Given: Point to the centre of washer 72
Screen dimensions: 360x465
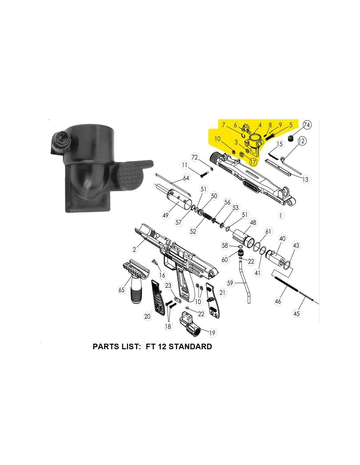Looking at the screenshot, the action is pyautogui.click(x=212, y=169).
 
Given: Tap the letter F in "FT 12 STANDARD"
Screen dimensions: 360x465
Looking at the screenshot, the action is pyautogui.click(x=148, y=346).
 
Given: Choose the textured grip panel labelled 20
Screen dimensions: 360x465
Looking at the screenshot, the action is pyautogui.click(x=158, y=297).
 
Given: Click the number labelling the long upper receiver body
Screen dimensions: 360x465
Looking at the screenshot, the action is pyautogui.click(x=281, y=216).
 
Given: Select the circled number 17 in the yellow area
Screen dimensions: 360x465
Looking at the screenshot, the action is pyautogui.click(x=253, y=162).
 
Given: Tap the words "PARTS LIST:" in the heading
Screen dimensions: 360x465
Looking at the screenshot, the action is pyautogui.click(x=116, y=346).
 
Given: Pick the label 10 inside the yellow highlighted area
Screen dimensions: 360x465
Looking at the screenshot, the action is pyautogui.click(x=217, y=139).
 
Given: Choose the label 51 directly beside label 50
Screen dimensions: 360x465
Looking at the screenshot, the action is pyautogui.click(x=204, y=189).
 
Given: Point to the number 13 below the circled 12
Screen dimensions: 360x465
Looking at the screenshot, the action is pyautogui.click(x=305, y=179).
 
